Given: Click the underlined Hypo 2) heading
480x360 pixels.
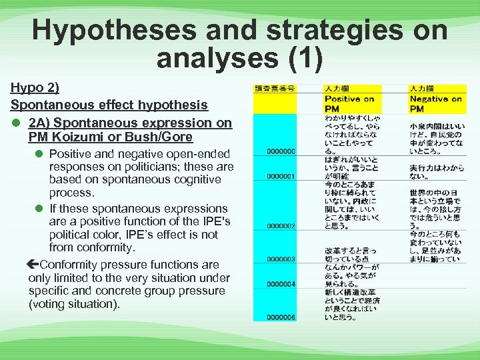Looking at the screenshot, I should (x=35, y=88).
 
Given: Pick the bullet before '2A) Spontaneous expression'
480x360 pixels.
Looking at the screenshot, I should (x=15, y=123).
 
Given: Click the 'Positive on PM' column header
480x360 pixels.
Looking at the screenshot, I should (x=350, y=103).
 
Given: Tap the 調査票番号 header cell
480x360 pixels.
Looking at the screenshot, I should (x=275, y=88).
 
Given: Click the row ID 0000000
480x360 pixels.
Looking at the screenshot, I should (x=280, y=151).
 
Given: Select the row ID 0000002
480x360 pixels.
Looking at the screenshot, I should (x=280, y=226).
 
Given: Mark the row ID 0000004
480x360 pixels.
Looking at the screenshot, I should (x=280, y=284).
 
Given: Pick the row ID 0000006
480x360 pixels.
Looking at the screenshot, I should (x=280, y=317).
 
